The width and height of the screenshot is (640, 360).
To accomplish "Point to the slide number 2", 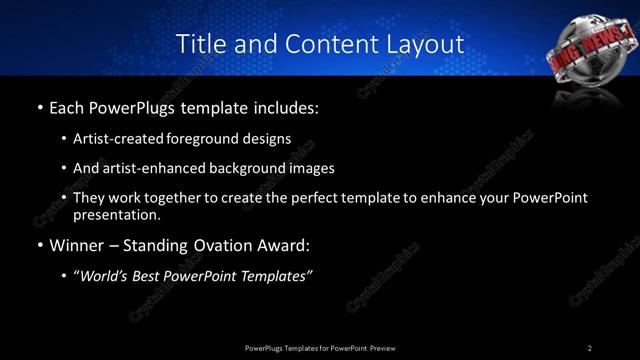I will (x=590, y=348).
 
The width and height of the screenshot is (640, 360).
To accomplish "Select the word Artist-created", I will (x=112, y=138).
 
